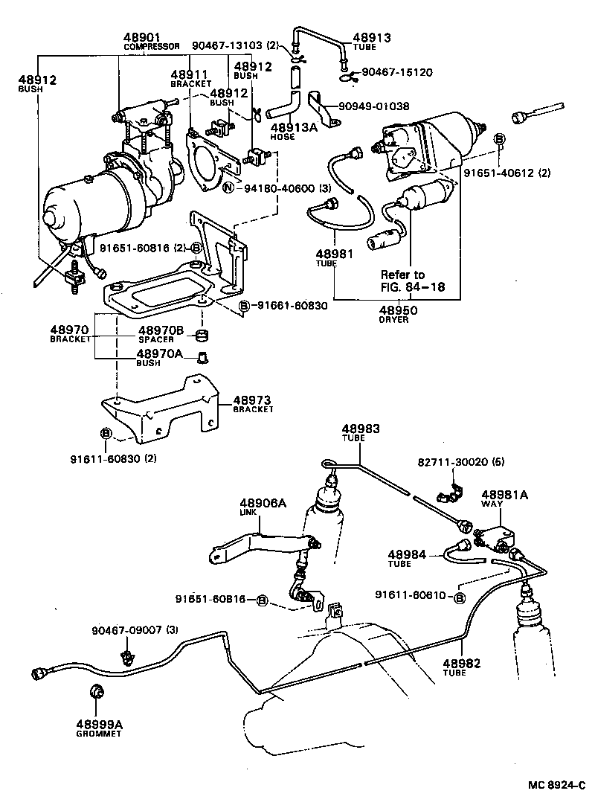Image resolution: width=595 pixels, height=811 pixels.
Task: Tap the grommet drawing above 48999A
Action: [x=96, y=692]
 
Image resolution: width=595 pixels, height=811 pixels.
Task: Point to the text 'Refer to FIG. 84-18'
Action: [x=413, y=281]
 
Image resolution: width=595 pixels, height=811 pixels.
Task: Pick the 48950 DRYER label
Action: [x=399, y=313]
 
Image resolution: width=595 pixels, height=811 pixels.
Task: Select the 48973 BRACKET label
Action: [x=253, y=403]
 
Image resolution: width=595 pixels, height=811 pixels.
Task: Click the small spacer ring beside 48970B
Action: [x=199, y=333]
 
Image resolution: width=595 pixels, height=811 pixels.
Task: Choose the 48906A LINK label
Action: [x=263, y=507]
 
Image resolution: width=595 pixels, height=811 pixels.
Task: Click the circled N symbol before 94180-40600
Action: [x=228, y=188]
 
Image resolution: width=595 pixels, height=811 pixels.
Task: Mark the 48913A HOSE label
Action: [x=286, y=131]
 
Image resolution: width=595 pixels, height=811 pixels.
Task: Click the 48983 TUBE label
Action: [x=360, y=432]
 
